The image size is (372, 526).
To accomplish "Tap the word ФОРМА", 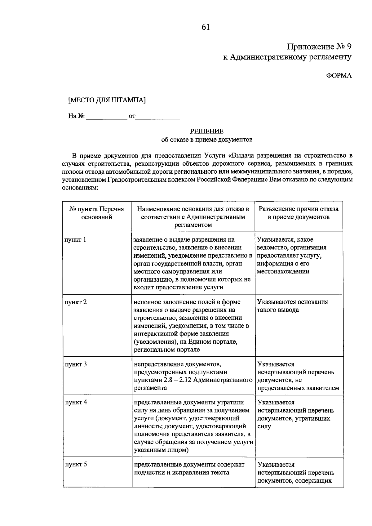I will pos(339,75).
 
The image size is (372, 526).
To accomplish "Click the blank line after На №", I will pos(106,117).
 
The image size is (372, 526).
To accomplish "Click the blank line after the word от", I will pos(158,117).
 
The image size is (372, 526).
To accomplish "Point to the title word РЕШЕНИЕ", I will pos(206,131).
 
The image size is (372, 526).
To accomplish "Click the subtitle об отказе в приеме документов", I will pos(207,140).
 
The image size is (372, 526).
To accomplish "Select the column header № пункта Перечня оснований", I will pos(97,213).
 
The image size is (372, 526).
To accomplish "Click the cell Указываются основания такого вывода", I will pos(292,306).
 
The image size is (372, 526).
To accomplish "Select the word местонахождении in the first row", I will pos(283,271).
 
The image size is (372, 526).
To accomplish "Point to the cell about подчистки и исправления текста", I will pos(189,469).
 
